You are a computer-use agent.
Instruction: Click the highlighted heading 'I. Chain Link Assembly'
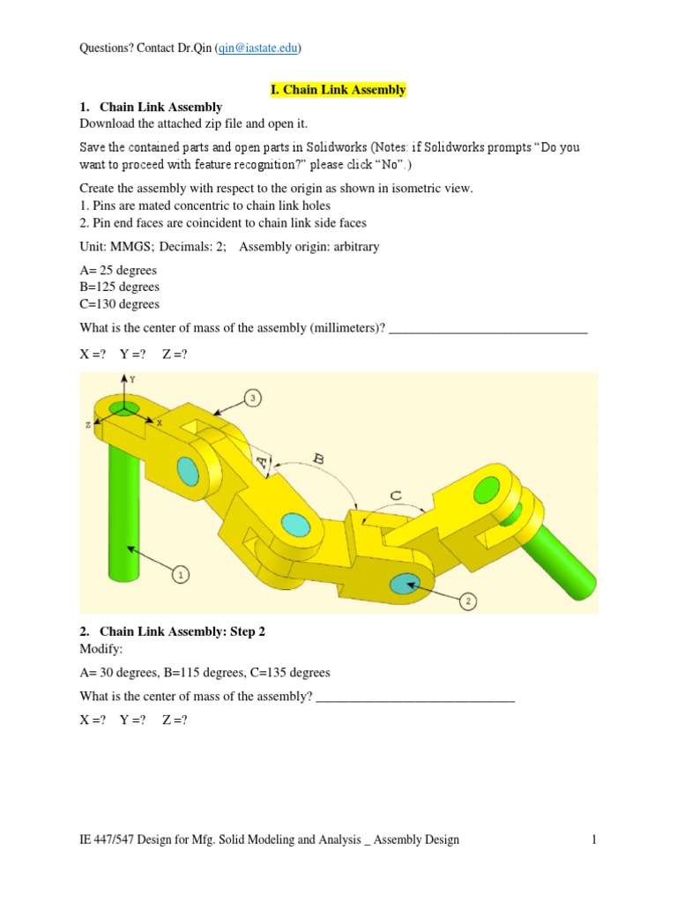point(338,90)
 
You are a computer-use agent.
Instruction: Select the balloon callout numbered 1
point(181,575)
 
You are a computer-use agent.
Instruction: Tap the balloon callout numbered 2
point(469,601)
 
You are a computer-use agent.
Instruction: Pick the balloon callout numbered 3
point(253,398)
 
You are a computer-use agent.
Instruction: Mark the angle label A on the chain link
point(263,460)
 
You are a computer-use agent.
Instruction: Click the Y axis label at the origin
point(131,378)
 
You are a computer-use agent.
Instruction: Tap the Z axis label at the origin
point(89,424)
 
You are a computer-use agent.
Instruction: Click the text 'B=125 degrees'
point(119,287)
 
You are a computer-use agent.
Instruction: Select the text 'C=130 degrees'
point(119,303)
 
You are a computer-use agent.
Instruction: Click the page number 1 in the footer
point(594,840)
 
